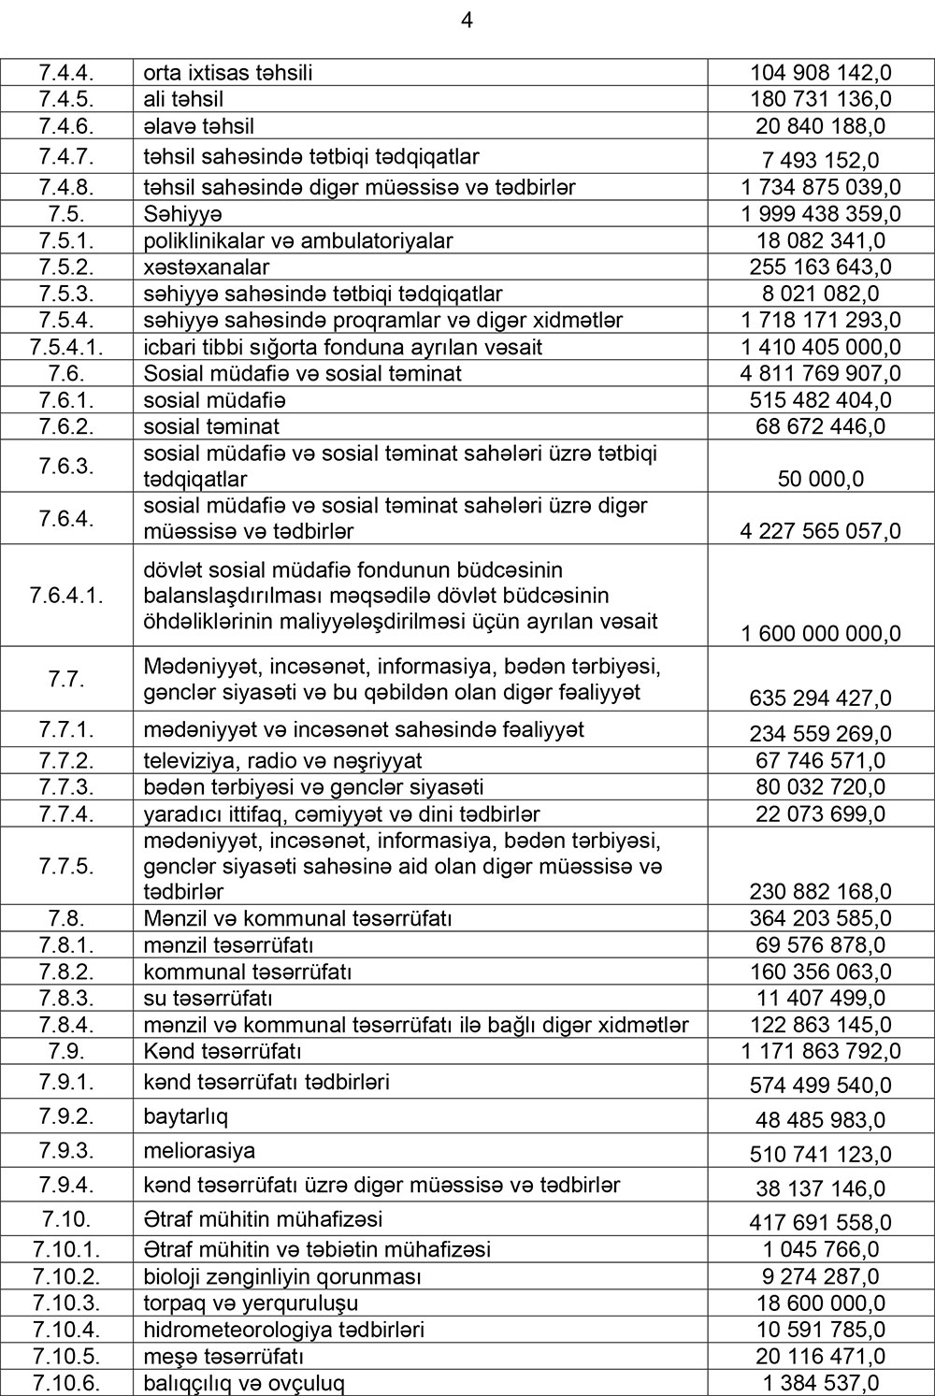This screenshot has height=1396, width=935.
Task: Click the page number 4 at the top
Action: (x=467, y=21)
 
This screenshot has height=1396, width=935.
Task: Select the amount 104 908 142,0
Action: (x=820, y=73)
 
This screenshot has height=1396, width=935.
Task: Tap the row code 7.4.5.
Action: (x=67, y=99)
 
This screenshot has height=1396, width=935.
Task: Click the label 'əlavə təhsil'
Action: (x=199, y=125)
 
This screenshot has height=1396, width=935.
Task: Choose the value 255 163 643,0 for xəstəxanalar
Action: (x=820, y=267)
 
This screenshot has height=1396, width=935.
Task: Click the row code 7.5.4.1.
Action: (x=67, y=347)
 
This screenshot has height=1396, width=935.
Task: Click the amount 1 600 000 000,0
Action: (x=820, y=634)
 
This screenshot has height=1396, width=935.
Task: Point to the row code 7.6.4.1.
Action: (x=67, y=595)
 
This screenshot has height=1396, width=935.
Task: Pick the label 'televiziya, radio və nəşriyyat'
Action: (x=282, y=760)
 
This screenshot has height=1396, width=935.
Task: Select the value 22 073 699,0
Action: (x=820, y=814)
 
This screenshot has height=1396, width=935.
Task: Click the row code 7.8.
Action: (x=67, y=918)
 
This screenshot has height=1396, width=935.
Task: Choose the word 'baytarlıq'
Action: (x=185, y=1116)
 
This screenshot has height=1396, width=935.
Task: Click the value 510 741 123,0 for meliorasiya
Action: (x=820, y=1155)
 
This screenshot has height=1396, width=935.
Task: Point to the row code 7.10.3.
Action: (x=67, y=1302)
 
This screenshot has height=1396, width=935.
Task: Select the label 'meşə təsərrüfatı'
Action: (x=223, y=1356)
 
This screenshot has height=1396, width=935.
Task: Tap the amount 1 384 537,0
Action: (x=820, y=1383)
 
